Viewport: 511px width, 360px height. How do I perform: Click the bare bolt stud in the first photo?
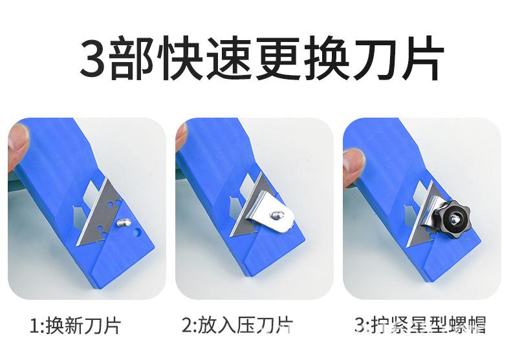pos(124,222)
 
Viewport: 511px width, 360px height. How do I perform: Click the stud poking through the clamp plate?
pos(277,214)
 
